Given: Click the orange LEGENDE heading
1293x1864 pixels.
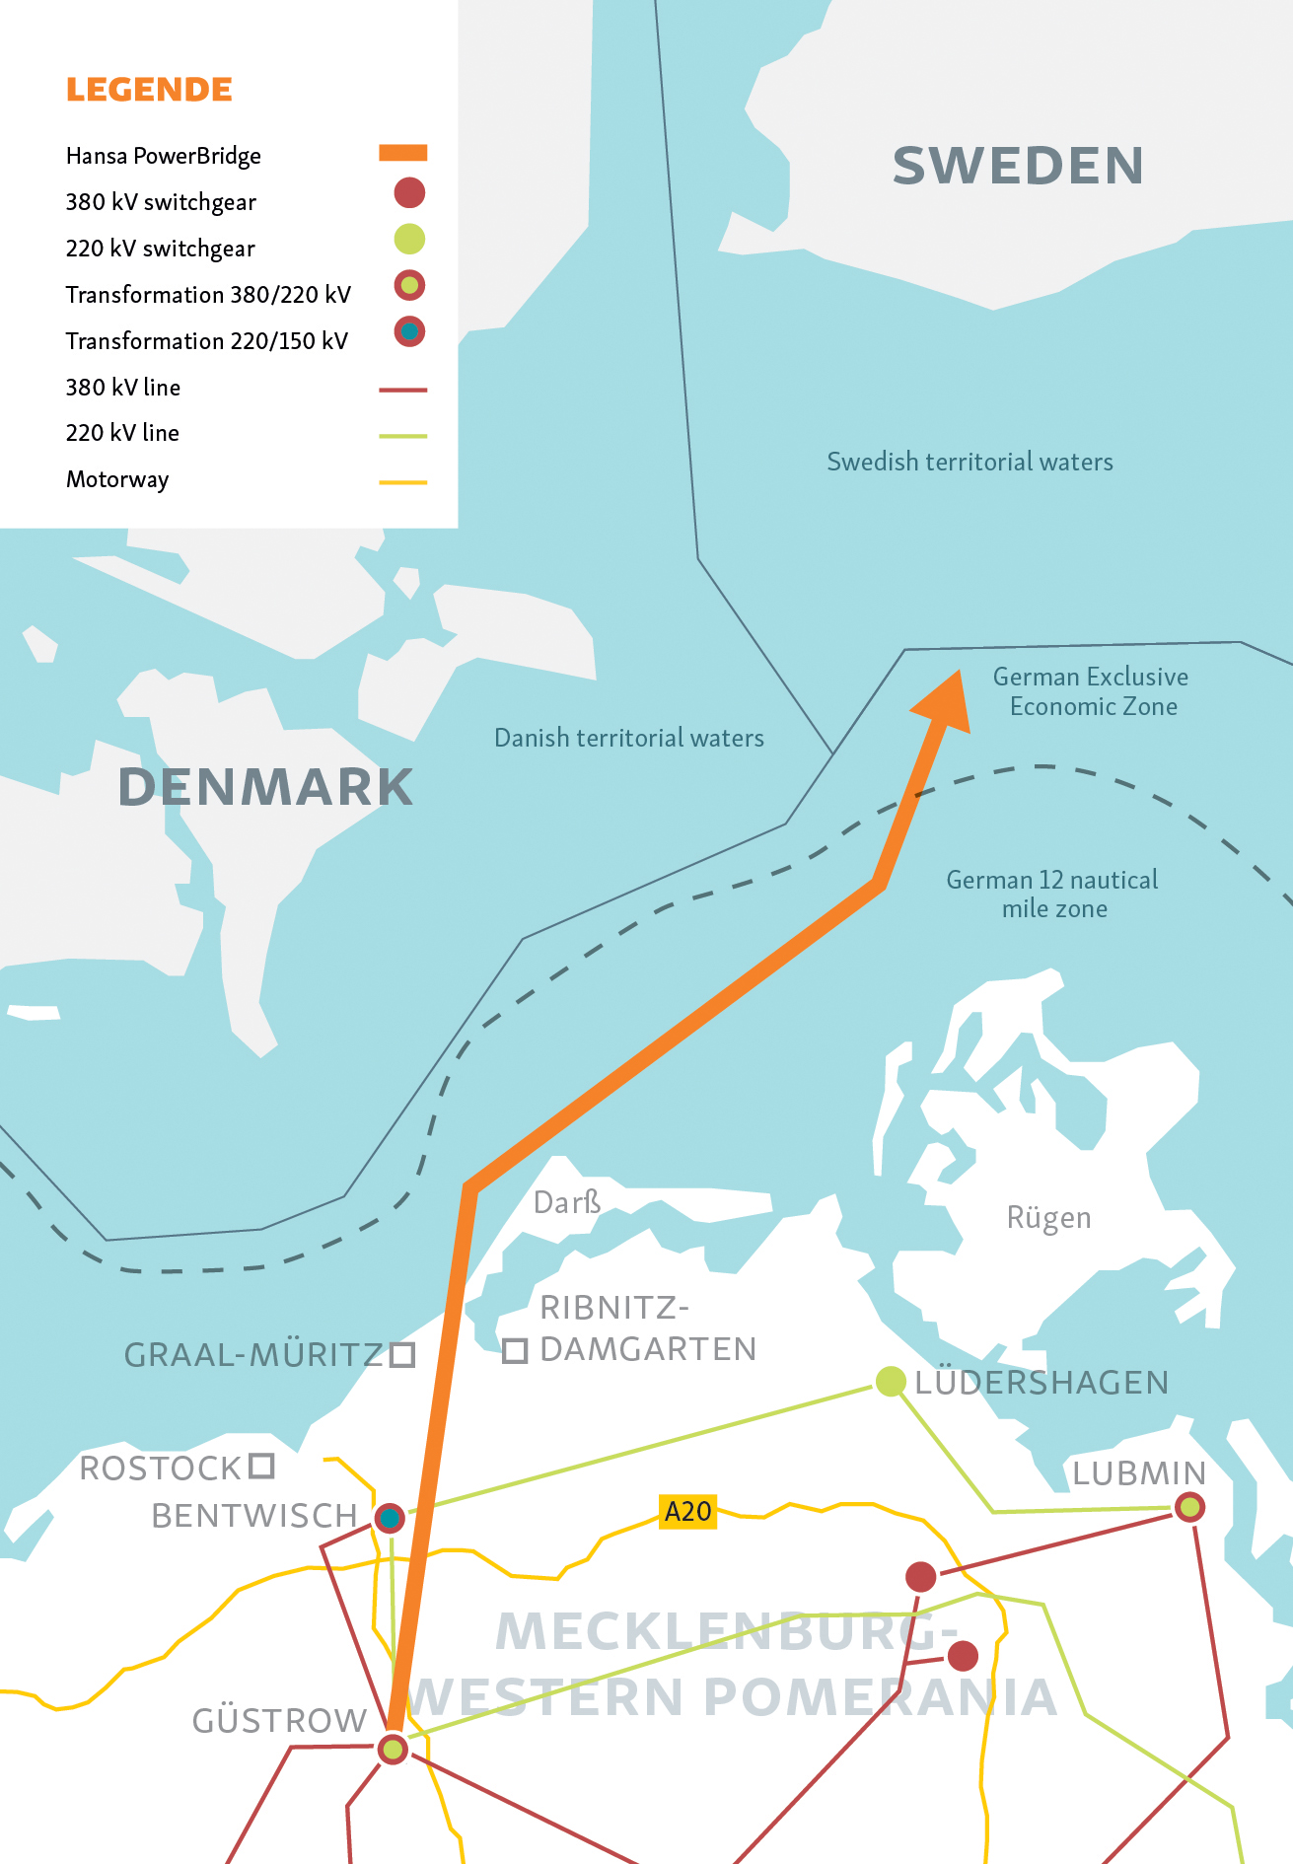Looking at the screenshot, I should tap(149, 90).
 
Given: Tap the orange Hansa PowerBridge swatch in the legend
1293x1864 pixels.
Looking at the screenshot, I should tap(402, 153).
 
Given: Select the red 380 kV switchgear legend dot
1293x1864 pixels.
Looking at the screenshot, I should tap(409, 193).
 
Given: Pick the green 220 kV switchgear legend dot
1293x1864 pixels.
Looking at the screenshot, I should tap(409, 239).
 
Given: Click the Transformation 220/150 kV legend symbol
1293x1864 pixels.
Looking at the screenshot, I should tap(409, 331).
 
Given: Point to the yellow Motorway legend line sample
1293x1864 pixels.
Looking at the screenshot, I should tap(402, 482).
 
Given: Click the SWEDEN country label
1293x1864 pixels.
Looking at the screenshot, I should tap(1018, 166).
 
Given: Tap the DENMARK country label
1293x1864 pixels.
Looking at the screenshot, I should tap(265, 787).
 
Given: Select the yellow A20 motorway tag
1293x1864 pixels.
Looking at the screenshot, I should tap(687, 1511).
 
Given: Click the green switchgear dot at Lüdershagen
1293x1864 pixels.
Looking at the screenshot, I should tap(891, 1382).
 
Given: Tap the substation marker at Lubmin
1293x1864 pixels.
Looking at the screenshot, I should tap(1190, 1507).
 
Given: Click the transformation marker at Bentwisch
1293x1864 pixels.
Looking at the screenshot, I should tap(390, 1518).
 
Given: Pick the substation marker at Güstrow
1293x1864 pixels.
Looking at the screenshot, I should tap(393, 1750).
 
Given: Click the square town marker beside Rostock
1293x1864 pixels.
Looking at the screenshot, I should tap(261, 1466).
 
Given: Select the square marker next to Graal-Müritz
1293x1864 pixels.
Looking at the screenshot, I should tap(401, 1354).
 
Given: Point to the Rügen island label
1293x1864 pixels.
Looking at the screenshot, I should tap(1048, 1218).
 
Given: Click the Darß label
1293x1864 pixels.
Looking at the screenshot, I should tap(566, 1202).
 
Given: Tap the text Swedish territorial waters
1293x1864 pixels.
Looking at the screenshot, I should tap(970, 462).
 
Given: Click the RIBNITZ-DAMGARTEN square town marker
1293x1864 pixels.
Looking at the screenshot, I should tap(515, 1350).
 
